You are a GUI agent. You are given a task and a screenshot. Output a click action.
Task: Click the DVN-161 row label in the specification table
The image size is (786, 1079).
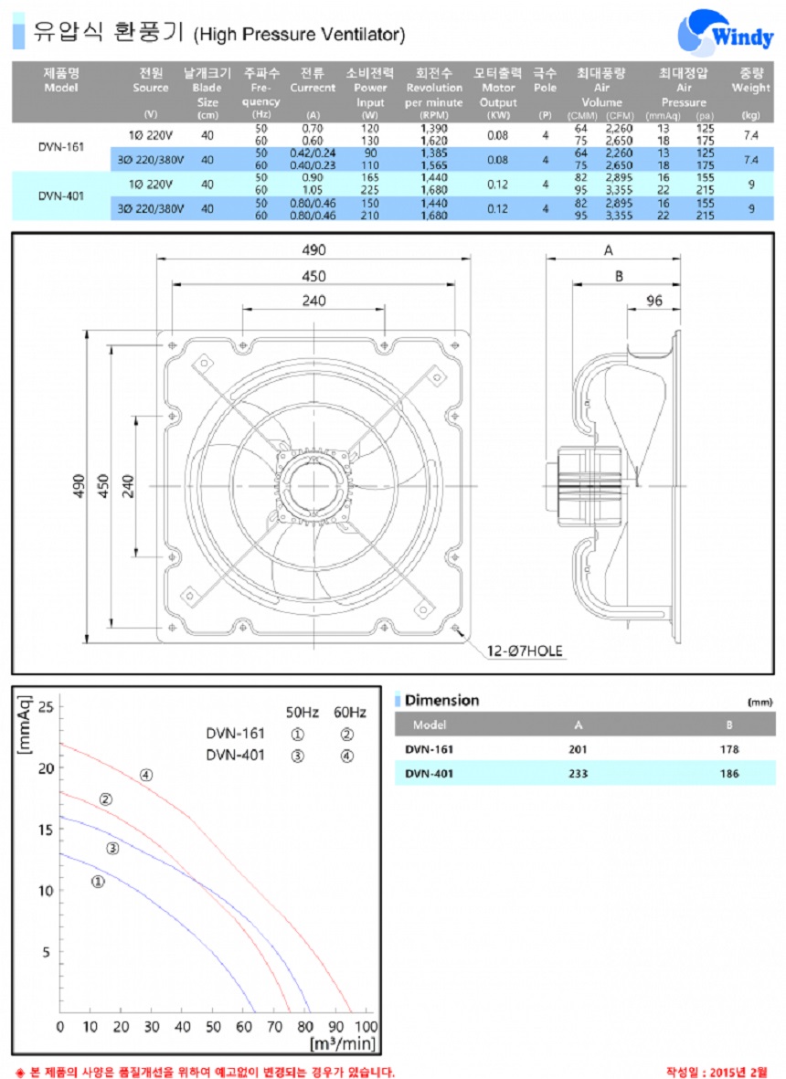[61, 146]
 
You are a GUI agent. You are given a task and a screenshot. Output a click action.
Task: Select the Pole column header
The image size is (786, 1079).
[545, 80]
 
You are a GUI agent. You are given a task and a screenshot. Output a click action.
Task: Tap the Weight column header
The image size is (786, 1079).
[751, 80]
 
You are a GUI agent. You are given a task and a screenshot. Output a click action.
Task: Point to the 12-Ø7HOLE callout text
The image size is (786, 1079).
[525, 651]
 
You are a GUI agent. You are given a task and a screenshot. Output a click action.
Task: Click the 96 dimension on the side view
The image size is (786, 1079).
[653, 301]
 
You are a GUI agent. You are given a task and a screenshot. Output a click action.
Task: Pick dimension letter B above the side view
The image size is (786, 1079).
[618, 275]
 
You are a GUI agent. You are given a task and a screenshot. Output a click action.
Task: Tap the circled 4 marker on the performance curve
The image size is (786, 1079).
[146, 776]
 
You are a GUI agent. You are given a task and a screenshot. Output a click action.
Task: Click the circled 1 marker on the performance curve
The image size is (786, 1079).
[98, 882]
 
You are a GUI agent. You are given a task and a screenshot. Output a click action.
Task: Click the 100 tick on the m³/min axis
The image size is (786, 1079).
[366, 1028]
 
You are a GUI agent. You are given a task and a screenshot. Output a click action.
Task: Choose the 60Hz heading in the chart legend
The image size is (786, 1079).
[350, 712]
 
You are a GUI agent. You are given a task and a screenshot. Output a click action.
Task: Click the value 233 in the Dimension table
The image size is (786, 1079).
[578, 774]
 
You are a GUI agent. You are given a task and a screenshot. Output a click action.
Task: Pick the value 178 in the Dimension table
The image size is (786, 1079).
[729, 749]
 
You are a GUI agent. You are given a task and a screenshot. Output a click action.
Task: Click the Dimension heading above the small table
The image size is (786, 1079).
[441, 701]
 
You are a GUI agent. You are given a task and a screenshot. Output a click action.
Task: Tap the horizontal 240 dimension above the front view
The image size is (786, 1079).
[313, 301]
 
